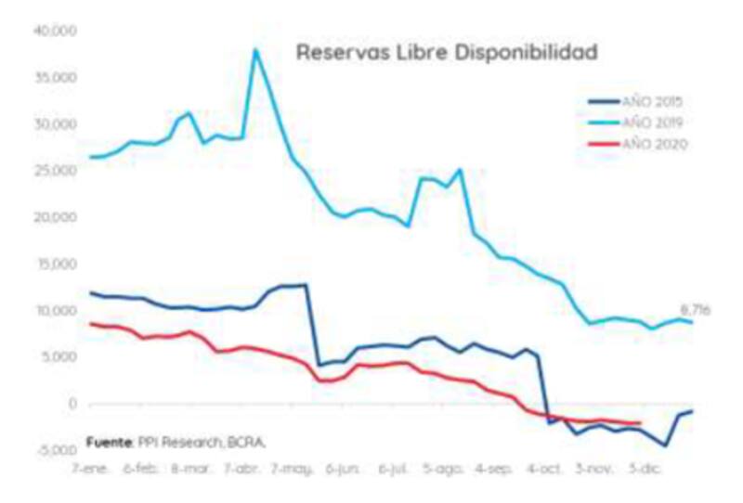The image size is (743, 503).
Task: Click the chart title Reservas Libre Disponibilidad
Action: pos(446,53)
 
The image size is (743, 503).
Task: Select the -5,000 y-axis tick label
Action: pos(56,451)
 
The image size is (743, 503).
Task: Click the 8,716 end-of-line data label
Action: pos(696,311)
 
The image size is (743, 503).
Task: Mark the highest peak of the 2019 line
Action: pos(255,50)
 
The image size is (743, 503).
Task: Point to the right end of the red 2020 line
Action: pos(640,423)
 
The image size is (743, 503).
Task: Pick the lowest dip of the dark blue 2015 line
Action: pos(665,446)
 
